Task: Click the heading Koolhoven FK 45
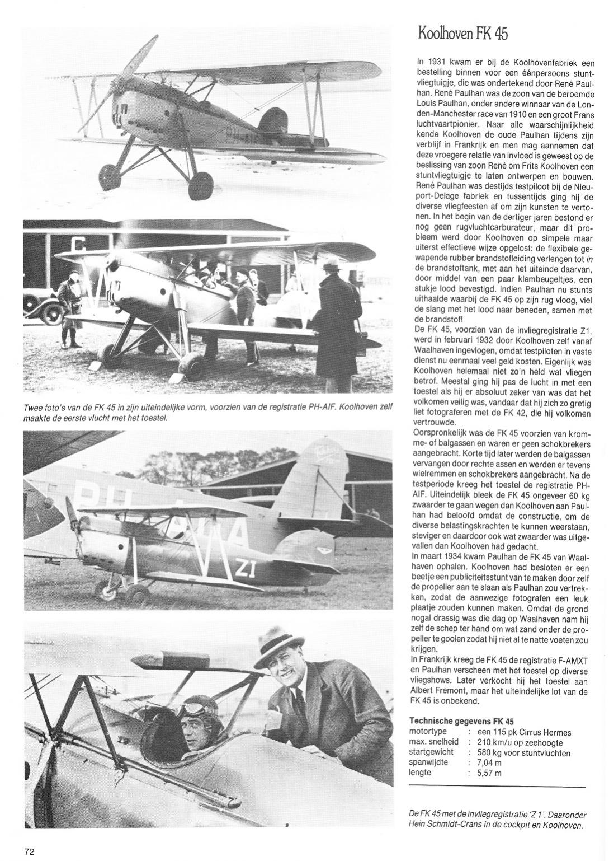tap(462, 32)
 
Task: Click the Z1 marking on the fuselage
tap(246, 568)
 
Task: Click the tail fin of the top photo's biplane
tap(276, 124)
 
